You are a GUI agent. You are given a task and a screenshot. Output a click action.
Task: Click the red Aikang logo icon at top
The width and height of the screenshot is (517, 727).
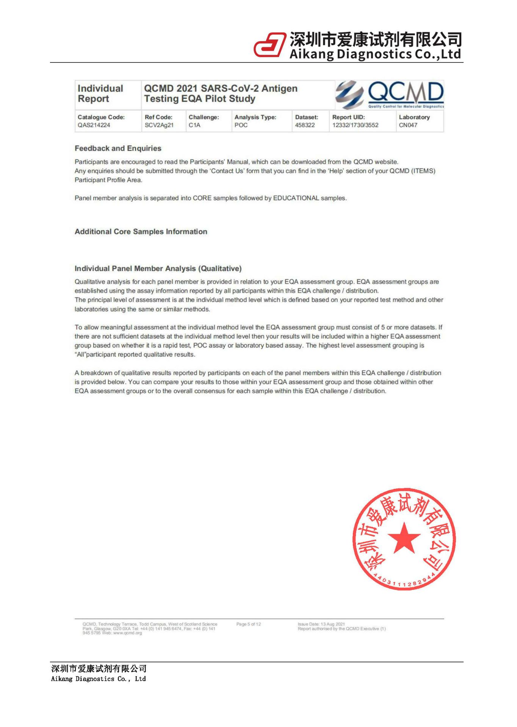pyautogui.click(x=269, y=45)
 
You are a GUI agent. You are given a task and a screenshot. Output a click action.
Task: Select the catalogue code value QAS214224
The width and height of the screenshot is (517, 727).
pyautogui.click(x=94, y=125)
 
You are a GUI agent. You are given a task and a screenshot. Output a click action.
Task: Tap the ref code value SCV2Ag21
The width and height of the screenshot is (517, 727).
pyautogui.click(x=159, y=125)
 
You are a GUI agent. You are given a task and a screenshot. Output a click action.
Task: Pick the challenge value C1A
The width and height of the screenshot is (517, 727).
pyautogui.click(x=194, y=125)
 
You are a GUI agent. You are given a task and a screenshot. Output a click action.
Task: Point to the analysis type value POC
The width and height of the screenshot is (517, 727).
pyautogui.click(x=241, y=125)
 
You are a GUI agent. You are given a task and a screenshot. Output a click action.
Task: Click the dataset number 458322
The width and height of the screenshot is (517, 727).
pyautogui.click(x=305, y=125)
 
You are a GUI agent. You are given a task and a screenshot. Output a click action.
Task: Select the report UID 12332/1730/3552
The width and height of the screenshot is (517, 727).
pyautogui.click(x=355, y=125)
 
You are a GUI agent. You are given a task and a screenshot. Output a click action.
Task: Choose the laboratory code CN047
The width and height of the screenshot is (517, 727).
pyautogui.click(x=408, y=125)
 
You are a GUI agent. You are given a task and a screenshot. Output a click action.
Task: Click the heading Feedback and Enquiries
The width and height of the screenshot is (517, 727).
pyautogui.click(x=118, y=148)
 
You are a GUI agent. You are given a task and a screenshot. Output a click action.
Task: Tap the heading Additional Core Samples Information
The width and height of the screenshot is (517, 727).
pyautogui.click(x=141, y=232)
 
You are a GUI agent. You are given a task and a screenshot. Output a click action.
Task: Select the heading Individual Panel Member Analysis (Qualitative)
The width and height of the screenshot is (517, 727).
pyautogui.click(x=158, y=269)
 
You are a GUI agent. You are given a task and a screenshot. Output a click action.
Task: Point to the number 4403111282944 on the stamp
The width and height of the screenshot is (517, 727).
pyautogui.click(x=404, y=582)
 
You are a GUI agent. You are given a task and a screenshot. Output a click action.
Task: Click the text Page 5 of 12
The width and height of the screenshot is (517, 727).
pyautogui.click(x=249, y=624)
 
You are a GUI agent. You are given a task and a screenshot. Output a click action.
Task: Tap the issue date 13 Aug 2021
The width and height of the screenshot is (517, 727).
pyautogui.click(x=333, y=624)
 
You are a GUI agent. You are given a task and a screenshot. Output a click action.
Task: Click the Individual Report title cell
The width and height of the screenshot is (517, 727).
pyautogui.click(x=100, y=94)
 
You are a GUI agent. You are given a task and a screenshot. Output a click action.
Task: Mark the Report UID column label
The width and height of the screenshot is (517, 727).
pyautogui.click(x=348, y=117)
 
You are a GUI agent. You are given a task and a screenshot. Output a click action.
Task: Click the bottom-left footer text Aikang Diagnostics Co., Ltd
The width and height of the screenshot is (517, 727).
pyautogui.click(x=98, y=679)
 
